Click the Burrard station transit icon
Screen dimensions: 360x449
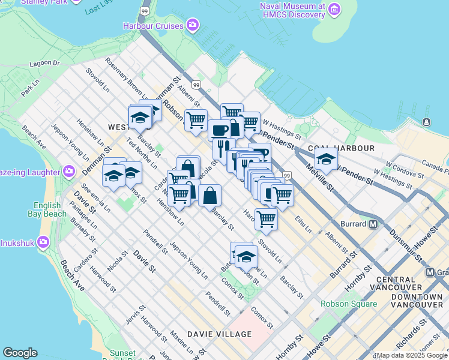[372, 224]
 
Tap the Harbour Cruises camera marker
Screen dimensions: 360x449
[193, 25]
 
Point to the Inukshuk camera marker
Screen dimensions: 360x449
[43, 242]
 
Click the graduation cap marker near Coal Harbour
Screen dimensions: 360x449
[326, 158]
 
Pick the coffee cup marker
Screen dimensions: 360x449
[219, 130]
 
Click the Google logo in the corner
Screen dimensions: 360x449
[20, 353]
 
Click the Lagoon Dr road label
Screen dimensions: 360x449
[47, 63]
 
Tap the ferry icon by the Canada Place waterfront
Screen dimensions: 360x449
[426, 122]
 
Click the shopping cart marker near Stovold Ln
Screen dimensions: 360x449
[265, 218]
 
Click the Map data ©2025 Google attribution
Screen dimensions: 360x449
[412, 355]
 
